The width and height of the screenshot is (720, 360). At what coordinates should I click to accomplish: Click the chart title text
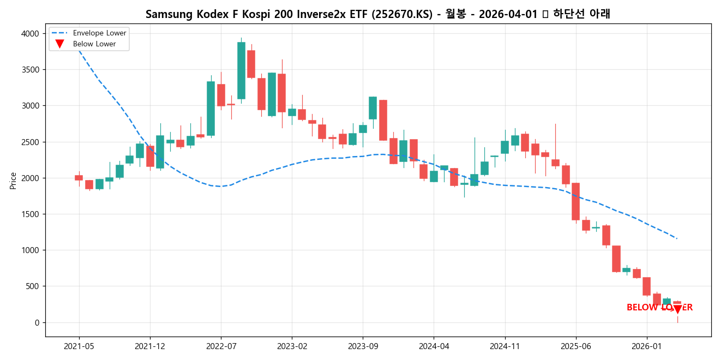coord(377,14)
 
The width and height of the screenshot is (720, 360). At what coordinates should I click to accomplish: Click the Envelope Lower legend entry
coord(99,33)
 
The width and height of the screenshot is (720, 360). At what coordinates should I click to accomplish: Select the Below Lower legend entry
coord(94,44)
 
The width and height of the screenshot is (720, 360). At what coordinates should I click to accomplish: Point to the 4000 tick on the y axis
coord(31,34)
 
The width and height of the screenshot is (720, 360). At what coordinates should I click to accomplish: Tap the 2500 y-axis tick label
coord(31,142)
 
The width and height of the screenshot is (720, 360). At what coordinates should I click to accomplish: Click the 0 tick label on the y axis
coord(37,322)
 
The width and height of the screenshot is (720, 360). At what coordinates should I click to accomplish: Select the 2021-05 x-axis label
coord(79,346)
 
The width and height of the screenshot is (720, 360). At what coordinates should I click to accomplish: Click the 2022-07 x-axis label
coord(221,346)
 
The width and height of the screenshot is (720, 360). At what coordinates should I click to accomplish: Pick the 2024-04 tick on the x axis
coord(434,346)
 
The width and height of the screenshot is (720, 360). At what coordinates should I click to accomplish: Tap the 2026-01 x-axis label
coord(646,346)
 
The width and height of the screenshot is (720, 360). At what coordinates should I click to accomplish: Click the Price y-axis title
coord(13,181)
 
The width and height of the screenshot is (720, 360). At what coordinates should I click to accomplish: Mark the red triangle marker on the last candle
coord(677,310)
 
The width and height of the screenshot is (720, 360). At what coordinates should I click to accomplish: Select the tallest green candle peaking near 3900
coord(241,70)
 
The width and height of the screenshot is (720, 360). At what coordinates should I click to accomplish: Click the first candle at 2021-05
coord(79,178)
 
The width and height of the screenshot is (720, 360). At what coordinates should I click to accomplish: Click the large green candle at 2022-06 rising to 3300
coord(211,109)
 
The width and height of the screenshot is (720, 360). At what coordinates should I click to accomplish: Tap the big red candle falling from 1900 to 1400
coord(575,201)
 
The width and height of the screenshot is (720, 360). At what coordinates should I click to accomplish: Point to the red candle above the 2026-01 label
coord(646,286)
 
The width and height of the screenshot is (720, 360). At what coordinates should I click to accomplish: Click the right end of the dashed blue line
coord(677,238)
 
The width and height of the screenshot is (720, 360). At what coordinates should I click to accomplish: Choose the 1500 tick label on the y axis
coord(31,214)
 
